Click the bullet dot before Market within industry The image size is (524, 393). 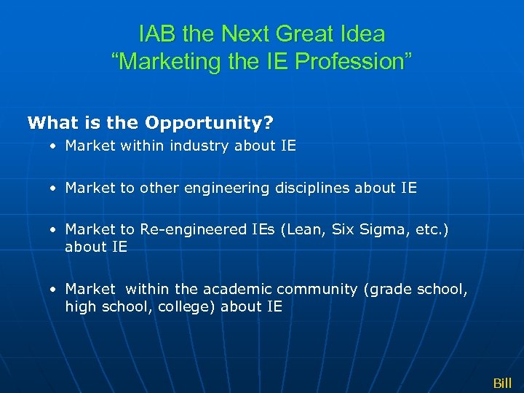point(54,146)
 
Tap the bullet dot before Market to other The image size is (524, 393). point(54,188)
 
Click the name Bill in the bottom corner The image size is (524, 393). point(502,383)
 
